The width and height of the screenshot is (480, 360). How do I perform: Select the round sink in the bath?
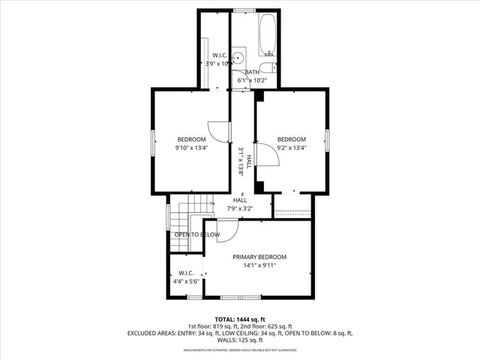coord(238,57)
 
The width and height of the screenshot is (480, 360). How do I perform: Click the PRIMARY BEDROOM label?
coord(259,256)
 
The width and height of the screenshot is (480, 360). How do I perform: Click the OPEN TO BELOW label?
coord(197,235)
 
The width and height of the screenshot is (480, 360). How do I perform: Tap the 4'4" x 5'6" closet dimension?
coord(186,281)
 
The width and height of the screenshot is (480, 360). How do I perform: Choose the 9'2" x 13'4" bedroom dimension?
coord(292,148)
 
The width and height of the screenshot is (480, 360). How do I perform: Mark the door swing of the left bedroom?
coord(217,131)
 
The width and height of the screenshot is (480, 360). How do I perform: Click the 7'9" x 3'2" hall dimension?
coord(240,208)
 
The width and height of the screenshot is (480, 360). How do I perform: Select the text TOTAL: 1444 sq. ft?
coord(239,319)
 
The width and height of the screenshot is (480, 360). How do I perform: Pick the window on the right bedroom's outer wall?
coord(327,140)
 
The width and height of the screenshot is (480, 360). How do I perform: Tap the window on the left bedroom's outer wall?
coord(153,142)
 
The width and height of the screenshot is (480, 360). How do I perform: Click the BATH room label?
coord(252,72)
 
